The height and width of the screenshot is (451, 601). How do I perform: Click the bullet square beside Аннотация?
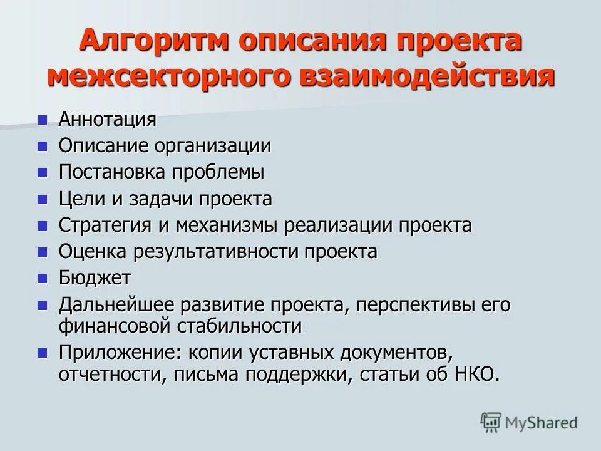coord(43,118)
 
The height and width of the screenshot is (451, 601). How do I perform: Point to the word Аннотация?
coord(107,119)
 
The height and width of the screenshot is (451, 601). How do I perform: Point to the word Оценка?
coord(93,252)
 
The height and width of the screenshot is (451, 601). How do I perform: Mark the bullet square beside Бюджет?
coord(43,277)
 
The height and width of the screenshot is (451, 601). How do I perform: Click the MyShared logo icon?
coord(491,422)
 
